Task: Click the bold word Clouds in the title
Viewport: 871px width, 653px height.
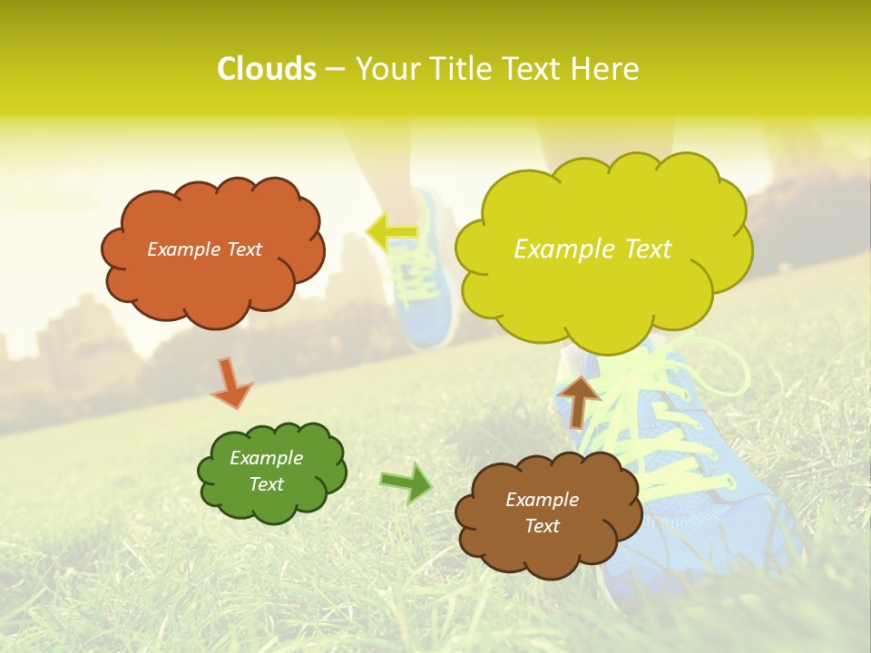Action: pos(267,69)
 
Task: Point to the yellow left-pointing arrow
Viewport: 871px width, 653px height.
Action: pos(392,231)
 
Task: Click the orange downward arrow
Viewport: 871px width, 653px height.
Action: pos(230,383)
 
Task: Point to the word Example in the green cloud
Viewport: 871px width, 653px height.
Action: pos(266,458)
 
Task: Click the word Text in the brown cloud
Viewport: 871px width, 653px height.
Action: pos(542,526)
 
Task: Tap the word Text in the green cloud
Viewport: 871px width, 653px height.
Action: pos(266,484)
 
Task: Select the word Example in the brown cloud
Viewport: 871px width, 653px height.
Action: pos(542,500)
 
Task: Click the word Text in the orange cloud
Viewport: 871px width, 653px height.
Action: pos(243,249)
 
